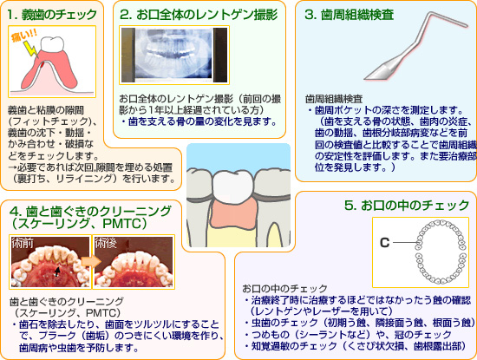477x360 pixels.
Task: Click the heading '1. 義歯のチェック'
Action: point(52,14)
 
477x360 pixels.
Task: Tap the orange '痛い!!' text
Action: point(24,36)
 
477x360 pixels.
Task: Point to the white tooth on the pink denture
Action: point(52,44)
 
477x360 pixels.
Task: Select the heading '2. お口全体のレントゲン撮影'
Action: point(199,14)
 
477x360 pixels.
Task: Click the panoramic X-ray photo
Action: point(174,55)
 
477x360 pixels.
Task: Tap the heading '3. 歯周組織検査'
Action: point(349,15)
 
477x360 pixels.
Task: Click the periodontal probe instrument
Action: point(415,46)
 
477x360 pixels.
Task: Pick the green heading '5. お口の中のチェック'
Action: point(407,205)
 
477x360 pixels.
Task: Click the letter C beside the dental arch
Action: point(385,243)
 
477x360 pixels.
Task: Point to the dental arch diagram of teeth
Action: point(441,252)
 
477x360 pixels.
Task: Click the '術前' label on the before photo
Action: point(23,243)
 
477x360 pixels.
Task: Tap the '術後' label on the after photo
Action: point(106,243)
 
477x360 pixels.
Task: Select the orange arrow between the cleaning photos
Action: point(92,261)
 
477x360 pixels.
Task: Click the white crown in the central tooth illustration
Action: point(232,186)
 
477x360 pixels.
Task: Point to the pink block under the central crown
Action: point(233,215)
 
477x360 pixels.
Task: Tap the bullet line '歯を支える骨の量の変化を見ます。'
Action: point(199,122)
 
